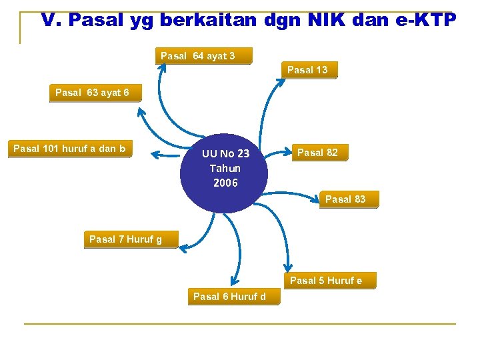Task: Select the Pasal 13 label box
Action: [307, 70]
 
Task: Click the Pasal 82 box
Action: [317, 153]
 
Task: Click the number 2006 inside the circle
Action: [225, 183]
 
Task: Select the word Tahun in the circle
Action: [225, 168]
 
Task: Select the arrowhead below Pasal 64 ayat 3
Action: [161, 67]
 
